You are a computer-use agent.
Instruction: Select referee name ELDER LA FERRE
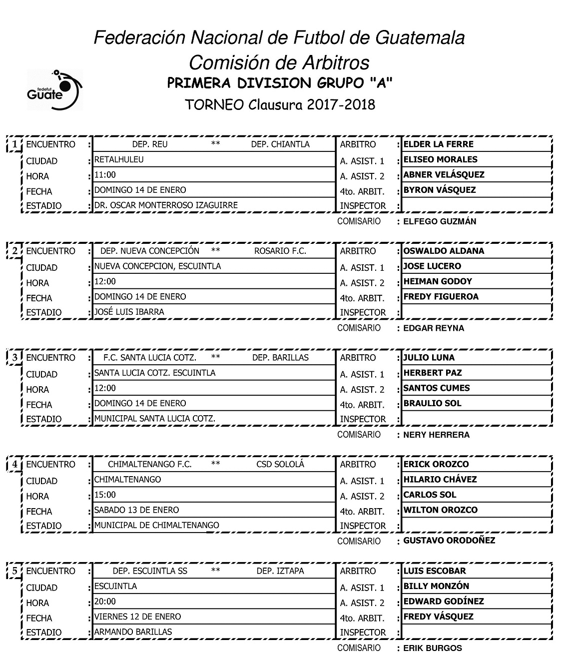(438, 144)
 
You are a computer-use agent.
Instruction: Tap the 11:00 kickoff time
(105, 175)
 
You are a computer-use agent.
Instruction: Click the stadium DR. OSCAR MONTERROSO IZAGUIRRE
(166, 205)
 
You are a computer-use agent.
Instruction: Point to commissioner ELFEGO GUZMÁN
(440, 221)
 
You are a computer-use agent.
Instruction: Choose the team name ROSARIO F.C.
(280, 251)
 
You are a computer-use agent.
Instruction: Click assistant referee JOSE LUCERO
(432, 266)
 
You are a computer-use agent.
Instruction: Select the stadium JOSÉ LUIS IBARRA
(129, 312)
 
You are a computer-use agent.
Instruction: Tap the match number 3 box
(15, 358)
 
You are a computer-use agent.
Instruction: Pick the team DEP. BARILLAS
(280, 358)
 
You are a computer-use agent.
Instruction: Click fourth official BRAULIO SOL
(432, 403)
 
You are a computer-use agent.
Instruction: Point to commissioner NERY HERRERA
(436, 435)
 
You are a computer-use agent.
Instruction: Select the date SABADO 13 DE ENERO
(136, 510)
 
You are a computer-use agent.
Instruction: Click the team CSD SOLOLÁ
(280, 464)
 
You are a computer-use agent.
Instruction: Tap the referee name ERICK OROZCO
(436, 464)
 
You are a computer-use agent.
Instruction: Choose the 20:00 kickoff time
(105, 602)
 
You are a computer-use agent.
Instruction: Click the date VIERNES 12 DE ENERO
(137, 617)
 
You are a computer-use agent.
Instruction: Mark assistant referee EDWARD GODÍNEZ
(443, 602)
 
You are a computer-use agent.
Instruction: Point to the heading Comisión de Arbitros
(279, 63)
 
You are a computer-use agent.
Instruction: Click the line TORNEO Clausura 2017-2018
(280, 104)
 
